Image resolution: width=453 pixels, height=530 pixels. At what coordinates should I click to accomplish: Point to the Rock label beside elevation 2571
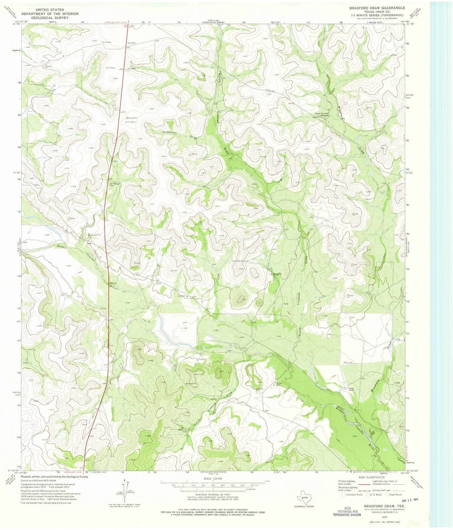(x=133, y=122)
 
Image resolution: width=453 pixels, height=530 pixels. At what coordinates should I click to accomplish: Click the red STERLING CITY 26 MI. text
(x=113, y=23)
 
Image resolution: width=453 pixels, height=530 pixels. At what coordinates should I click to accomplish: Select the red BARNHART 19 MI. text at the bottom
(x=74, y=473)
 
